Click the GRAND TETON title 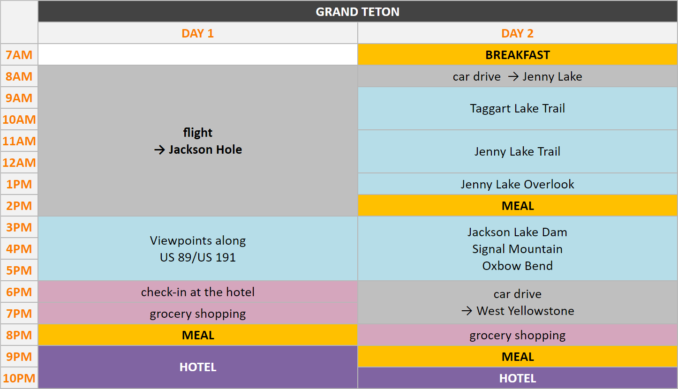(357, 12)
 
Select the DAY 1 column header (198, 33)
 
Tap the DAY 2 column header (517, 33)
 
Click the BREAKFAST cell (518, 55)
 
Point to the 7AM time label (19, 55)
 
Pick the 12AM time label (19, 163)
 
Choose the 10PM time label (19, 378)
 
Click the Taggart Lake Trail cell (518, 108)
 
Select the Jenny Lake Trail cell (518, 151)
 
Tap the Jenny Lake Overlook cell (518, 184)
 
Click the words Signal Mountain (517, 249)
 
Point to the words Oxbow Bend (517, 266)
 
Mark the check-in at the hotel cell (198, 292)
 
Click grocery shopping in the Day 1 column (198, 314)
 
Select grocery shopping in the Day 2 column (518, 335)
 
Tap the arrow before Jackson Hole (159, 150)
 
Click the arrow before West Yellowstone (467, 311)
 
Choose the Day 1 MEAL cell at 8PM (198, 335)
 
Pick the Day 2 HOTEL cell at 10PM (518, 378)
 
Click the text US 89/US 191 (198, 257)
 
